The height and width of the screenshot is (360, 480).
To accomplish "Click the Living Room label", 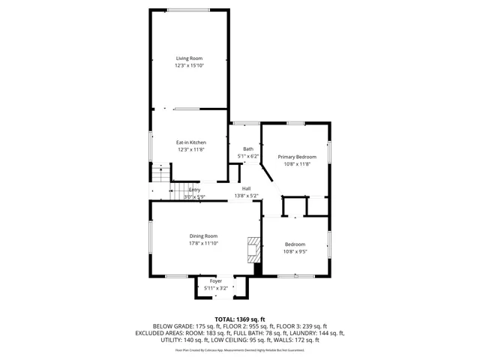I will [190, 58].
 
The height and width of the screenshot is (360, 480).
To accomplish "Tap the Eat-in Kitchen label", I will [191, 142].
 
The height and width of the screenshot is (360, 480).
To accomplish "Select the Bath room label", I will [247, 149].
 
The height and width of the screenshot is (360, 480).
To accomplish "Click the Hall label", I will [246, 188].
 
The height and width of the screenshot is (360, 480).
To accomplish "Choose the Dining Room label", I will [203, 236].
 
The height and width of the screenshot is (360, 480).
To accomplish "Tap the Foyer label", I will [215, 281].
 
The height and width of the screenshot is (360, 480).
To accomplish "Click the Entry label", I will [194, 190].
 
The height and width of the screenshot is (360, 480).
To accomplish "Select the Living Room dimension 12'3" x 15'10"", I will [190, 66].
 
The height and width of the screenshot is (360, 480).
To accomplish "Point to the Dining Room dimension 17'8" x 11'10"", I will [203, 244].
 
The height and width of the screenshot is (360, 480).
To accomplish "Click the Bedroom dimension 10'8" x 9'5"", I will [295, 251].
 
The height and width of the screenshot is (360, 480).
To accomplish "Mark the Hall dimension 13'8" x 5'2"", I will [246, 196].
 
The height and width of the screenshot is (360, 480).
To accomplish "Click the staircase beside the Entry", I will [159, 175].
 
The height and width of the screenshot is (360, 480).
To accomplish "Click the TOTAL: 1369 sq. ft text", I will [240, 319].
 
